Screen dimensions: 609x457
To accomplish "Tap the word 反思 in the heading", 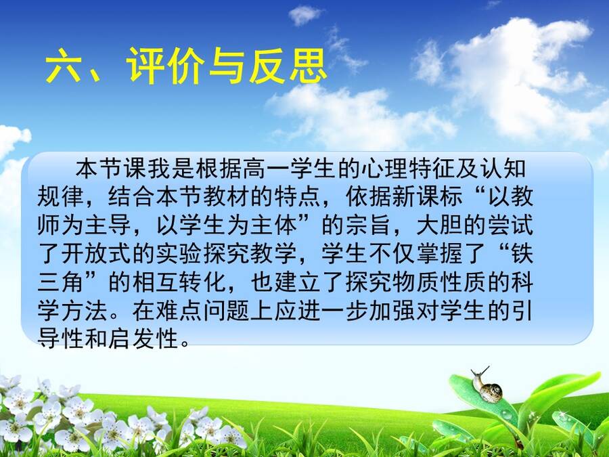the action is coord(288,66).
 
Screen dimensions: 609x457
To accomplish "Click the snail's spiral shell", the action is coord(491,392).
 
